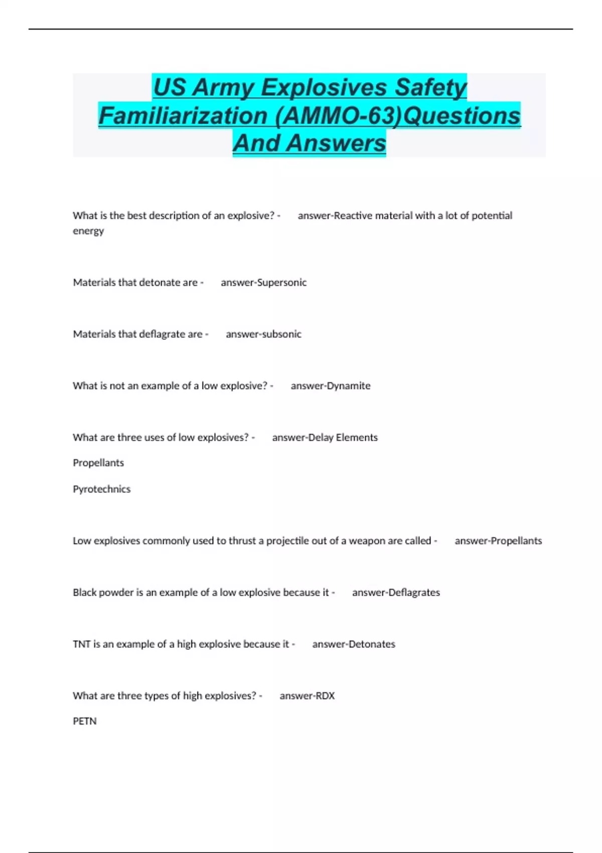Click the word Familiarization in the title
pyautogui.click(x=183, y=115)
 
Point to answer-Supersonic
pyautogui.click(x=263, y=282)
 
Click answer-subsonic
pyautogui.click(x=263, y=334)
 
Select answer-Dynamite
pyautogui.click(x=331, y=386)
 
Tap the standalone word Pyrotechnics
pyautogui.click(x=101, y=489)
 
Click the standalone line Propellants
pyautogui.click(x=98, y=463)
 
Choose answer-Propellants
pyautogui.click(x=498, y=541)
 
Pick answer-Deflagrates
pyautogui.click(x=396, y=593)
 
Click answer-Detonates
pyautogui.click(x=354, y=644)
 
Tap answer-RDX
pyautogui.click(x=307, y=696)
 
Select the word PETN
pyautogui.click(x=85, y=721)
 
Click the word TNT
pyautogui.click(x=81, y=644)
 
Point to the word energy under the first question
pyautogui.click(x=88, y=231)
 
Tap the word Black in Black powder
pyautogui.click(x=85, y=593)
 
